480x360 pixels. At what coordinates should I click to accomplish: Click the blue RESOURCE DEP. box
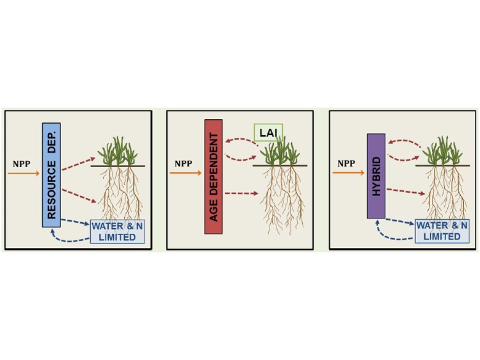(x=51, y=175)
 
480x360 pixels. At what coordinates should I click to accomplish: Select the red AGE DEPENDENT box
(x=213, y=177)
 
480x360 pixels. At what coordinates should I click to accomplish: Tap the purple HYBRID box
(x=376, y=176)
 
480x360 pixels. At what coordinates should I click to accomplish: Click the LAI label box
(x=268, y=133)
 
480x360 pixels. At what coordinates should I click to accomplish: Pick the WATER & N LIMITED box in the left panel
(x=117, y=232)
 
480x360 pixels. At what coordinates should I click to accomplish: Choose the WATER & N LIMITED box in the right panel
(x=442, y=231)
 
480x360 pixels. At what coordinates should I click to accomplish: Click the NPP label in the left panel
(x=21, y=164)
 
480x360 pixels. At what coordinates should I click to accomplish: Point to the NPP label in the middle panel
(x=184, y=163)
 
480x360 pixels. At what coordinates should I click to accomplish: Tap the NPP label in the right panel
(x=346, y=163)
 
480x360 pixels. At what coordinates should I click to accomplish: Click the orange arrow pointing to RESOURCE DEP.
(x=24, y=174)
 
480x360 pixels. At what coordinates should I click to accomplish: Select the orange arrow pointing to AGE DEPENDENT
(x=186, y=173)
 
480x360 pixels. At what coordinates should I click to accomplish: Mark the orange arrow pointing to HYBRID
(x=349, y=173)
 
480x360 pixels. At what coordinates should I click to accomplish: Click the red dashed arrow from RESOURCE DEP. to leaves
(x=79, y=163)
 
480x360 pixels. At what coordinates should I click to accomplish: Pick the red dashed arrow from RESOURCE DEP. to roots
(x=79, y=196)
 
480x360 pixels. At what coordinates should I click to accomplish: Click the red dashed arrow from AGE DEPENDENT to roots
(x=241, y=193)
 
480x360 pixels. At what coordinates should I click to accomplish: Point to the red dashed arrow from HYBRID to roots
(x=406, y=192)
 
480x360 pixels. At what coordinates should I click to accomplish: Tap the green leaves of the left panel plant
(x=118, y=151)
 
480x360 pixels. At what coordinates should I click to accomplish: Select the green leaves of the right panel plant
(x=443, y=151)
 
